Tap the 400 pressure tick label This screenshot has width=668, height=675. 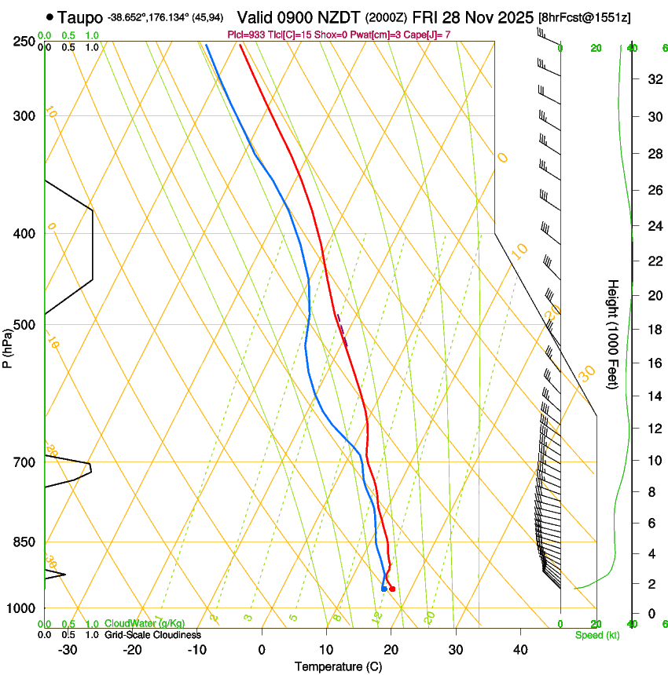point(24,234)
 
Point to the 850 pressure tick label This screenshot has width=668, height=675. point(24,542)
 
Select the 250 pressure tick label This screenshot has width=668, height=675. point(24,42)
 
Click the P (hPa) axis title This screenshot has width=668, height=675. point(7,345)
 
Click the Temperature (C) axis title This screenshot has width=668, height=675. point(338,666)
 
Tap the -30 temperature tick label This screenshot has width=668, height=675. point(68,649)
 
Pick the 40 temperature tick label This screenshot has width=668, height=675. point(520,649)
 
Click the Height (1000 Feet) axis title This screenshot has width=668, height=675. point(613,334)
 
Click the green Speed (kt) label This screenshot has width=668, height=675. point(596,634)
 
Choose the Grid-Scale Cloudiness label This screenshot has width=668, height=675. point(152,634)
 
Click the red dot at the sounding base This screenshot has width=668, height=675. point(392,589)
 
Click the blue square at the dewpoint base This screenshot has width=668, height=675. point(384,588)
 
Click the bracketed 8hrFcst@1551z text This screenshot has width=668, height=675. point(585,17)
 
